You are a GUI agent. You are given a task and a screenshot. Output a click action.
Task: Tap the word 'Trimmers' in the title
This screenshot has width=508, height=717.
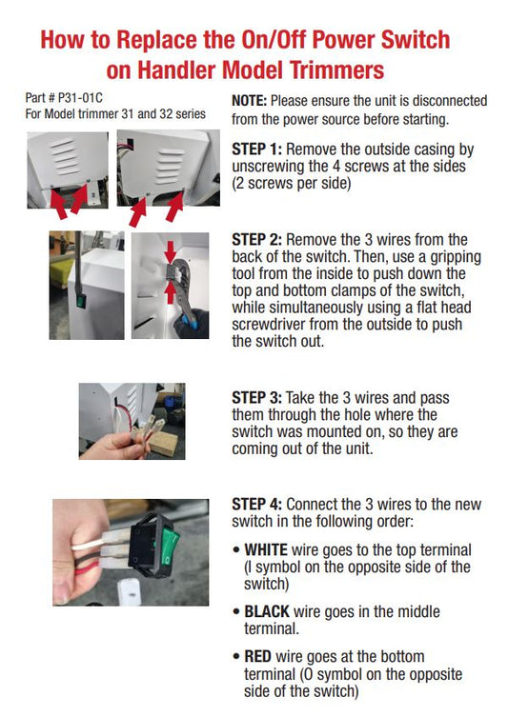(328, 70)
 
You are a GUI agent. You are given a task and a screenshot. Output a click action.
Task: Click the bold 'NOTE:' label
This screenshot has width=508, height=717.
(251, 101)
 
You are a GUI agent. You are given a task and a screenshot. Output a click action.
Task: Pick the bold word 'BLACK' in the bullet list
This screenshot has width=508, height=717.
(269, 611)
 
